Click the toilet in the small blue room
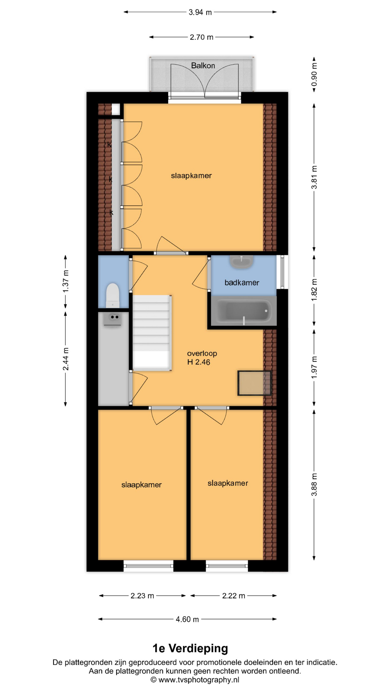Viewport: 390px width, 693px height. pos(112,295)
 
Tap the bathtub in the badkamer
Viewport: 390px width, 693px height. pos(244,311)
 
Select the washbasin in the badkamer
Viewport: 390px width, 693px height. pos(242,262)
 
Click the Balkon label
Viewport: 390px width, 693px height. pos(203,66)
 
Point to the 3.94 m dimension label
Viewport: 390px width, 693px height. pos(200,12)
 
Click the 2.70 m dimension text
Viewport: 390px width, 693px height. pos(201,37)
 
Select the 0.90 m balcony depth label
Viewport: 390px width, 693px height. pos(314,74)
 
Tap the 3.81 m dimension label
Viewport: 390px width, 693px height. pos(314,177)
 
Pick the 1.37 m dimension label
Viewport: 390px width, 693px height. pos(66,281)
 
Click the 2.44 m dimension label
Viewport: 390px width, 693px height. pos(66,359)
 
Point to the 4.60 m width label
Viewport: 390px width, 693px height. pos(187,619)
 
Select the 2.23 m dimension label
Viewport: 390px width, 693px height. pos(142,596)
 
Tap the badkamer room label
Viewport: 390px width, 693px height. pos(242,283)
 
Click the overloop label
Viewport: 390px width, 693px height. pos(202,353)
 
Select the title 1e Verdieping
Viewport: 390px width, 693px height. pos(190,648)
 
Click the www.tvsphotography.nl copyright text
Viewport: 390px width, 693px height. pos(195,680)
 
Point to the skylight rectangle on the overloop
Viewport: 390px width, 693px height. pos(255,383)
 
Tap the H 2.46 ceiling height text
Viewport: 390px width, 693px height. pos(199,362)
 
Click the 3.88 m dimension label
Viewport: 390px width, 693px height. pos(314,484)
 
